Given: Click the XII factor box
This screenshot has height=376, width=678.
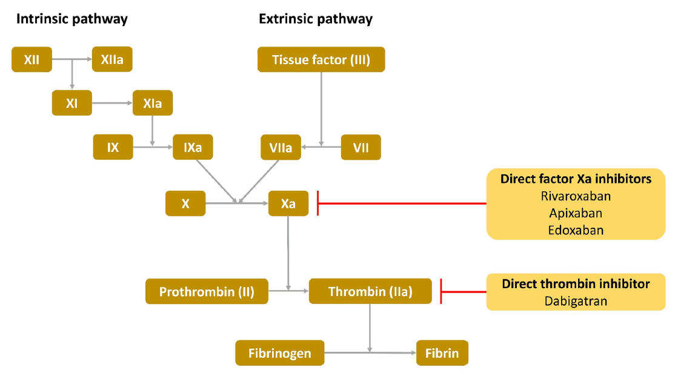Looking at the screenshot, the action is [32, 59].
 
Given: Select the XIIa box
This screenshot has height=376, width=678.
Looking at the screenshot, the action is [112, 59].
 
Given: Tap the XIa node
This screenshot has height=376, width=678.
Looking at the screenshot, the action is [153, 103].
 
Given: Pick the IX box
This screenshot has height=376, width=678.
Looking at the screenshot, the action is [113, 147].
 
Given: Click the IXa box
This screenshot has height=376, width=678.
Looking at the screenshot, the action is [193, 147].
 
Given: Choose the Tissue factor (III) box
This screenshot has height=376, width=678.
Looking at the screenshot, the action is [321, 59].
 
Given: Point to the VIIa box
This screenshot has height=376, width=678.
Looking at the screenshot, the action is [281, 147].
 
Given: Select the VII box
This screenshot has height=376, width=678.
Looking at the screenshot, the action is [361, 147].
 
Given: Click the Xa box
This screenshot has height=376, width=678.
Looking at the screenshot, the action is [288, 203].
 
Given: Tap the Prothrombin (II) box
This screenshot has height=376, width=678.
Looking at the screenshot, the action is [207, 292].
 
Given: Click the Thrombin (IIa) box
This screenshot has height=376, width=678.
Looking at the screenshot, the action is [371, 291].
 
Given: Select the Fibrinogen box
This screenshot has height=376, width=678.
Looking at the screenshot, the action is [280, 353].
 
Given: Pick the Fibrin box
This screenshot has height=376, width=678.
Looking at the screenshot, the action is [442, 353].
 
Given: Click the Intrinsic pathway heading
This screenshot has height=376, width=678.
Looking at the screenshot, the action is [71, 19].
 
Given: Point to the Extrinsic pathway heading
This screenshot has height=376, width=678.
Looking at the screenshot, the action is [316, 19].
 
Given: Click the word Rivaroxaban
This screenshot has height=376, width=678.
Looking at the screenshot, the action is [576, 196].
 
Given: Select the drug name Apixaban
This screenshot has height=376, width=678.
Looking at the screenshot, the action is [576, 213].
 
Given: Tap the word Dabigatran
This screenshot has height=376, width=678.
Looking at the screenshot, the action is [576, 301].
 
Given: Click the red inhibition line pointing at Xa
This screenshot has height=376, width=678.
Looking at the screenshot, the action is [402, 203].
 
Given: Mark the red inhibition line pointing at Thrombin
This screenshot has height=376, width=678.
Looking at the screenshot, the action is [464, 292].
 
